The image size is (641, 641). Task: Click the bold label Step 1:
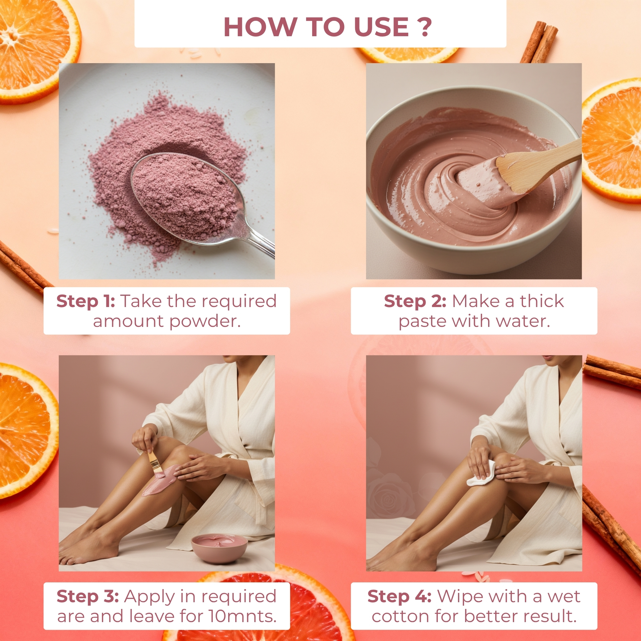pyautogui.click(x=86, y=301)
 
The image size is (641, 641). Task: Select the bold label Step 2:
pyautogui.click(x=415, y=301)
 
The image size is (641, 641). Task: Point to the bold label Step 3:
pyautogui.click(x=87, y=596)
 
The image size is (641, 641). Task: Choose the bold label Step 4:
pyautogui.click(x=399, y=596)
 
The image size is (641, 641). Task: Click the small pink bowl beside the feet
pyautogui.click(x=219, y=548)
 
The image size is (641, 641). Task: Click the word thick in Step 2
pyautogui.click(x=542, y=301)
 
